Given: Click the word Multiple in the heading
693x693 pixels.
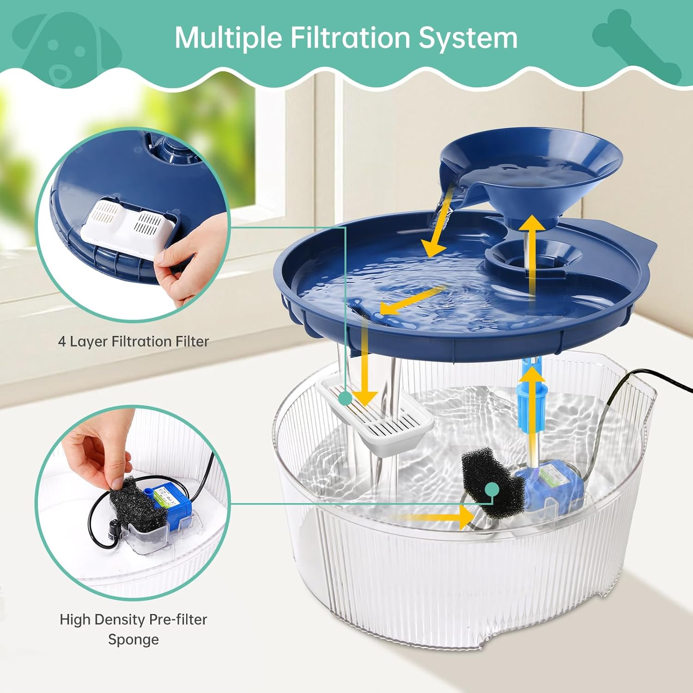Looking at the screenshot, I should coord(228,38).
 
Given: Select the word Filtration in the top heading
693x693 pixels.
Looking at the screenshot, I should coord(350,38).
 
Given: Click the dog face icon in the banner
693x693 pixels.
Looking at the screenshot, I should coord(65,51).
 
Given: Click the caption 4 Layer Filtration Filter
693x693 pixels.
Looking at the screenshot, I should coord(133,341).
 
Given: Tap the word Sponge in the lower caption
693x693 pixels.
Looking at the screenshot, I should coord(133,639).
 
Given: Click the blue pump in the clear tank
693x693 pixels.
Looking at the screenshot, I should coord(550,485).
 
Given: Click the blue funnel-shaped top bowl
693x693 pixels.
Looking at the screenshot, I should coord(531,171).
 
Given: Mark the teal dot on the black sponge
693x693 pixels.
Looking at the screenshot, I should coord(492,489).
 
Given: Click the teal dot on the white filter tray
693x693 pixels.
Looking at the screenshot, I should coord(345,397).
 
